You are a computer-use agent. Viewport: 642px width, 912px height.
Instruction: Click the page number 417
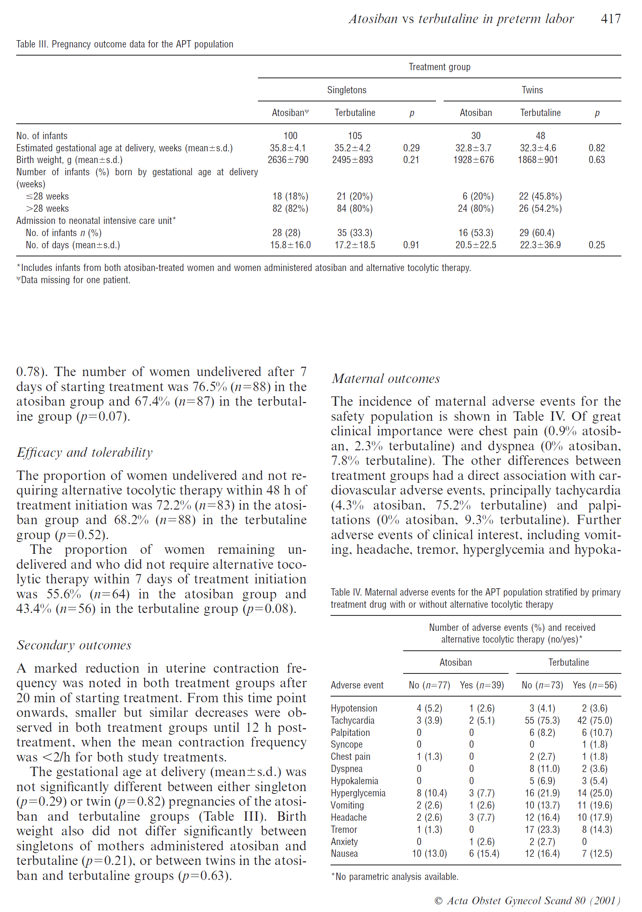[x=610, y=19]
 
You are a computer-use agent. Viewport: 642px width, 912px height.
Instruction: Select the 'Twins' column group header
[x=532, y=90]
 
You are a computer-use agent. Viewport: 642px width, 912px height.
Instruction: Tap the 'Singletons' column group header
[x=347, y=90]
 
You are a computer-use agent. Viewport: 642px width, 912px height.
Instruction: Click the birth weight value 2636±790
[x=288, y=160]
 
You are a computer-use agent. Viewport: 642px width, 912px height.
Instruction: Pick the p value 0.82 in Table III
[x=597, y=148]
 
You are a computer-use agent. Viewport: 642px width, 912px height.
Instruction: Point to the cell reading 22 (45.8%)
[x=540, y=196]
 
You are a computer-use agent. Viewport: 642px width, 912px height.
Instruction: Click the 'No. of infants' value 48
[x=540, y=136]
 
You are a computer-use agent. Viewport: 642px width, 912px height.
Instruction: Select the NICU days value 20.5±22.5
[x=476, y=245]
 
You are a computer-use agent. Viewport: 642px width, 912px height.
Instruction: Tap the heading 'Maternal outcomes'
[x=386, y=379]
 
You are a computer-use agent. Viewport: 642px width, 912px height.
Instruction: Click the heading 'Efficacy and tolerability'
[x=85, y=452]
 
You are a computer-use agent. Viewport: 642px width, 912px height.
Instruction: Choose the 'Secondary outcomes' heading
[x=74, y=645]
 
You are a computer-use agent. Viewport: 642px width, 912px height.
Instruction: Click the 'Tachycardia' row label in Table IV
[x=352, y=721]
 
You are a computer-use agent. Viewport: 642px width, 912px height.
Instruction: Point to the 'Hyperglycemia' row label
[x=358, y=793]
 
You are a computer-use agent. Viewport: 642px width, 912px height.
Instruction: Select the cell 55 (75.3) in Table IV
[x=542, y=721]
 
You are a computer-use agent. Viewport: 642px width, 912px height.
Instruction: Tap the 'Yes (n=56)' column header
[x=595, y=685]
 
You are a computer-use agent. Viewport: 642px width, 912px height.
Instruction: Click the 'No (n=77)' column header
[x=429, y=685]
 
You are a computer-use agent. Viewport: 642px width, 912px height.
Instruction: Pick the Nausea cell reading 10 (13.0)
[x=429, y=854]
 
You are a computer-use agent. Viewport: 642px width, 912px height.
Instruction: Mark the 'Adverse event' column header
[x=357, y=685]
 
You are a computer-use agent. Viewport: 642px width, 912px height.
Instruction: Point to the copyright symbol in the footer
[x=438, y=901]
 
